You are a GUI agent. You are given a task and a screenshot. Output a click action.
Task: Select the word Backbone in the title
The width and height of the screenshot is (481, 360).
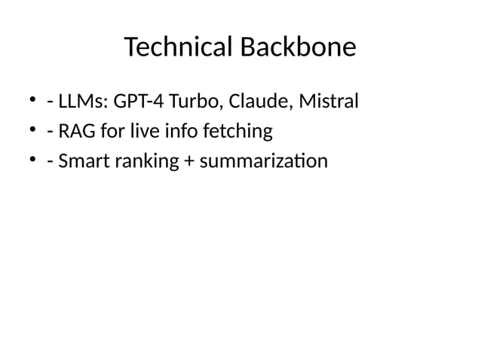298,48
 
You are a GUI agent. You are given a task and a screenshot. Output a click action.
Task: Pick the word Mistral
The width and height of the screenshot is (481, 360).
328,100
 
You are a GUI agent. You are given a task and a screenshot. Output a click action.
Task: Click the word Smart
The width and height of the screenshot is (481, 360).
87,162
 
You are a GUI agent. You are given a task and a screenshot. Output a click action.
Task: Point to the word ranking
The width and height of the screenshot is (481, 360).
148,163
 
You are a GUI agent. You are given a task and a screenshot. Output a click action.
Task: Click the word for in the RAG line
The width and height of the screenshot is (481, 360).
119,132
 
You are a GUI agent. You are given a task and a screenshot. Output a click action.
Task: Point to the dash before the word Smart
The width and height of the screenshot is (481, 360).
49,163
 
